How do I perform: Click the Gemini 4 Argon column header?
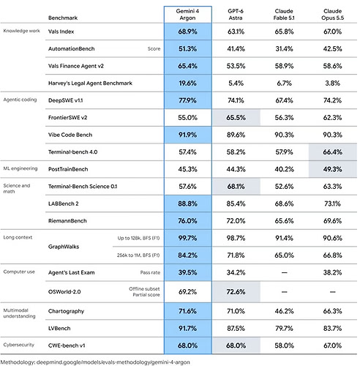187,15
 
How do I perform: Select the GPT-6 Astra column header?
236,15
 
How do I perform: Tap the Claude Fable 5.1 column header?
284,15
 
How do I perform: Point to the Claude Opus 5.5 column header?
332,15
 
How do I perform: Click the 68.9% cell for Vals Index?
187,31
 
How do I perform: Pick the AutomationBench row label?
71,49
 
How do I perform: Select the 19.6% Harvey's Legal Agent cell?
187,83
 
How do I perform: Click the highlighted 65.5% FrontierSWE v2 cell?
236,118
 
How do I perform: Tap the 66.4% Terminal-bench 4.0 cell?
333,152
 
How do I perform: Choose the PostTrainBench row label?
68,169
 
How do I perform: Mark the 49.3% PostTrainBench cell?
333,169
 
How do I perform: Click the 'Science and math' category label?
17,188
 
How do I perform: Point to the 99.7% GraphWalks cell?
187,238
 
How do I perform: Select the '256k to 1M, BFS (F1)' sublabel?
138,255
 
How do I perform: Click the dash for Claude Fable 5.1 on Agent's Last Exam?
284,272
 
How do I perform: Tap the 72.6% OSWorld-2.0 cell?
236,292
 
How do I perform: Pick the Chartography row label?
66,311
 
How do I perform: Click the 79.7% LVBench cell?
284,329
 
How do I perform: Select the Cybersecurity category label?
19,345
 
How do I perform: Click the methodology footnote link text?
95,362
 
